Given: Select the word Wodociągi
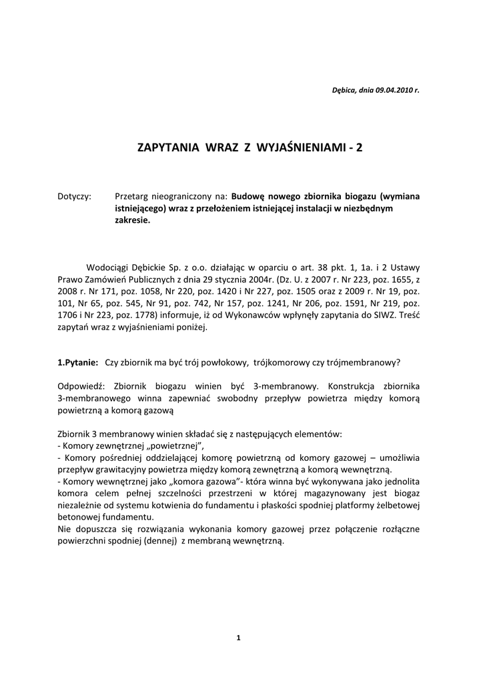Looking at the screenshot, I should [x=109, y=268].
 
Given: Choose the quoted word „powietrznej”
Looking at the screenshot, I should [x=175, y=446].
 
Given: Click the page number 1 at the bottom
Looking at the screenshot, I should [x=238, y=638].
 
